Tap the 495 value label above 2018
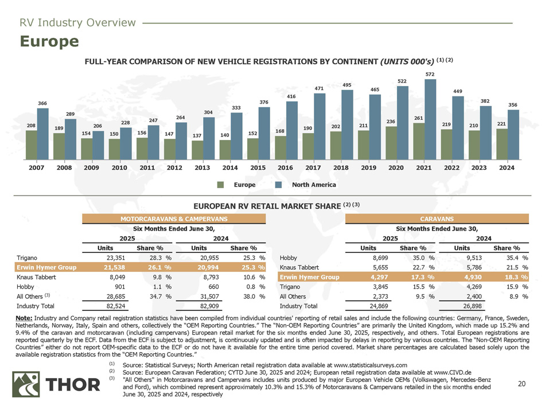pyautogui.click(x=347, y=85)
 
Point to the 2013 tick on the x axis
pyautogui.click(x=203, y=169)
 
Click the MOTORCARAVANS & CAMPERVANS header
pyautogui.click(x=173, y=219)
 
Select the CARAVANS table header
pyautogui.click(x=437, y=219)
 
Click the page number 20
pyautogui.click(x=521, y=384)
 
